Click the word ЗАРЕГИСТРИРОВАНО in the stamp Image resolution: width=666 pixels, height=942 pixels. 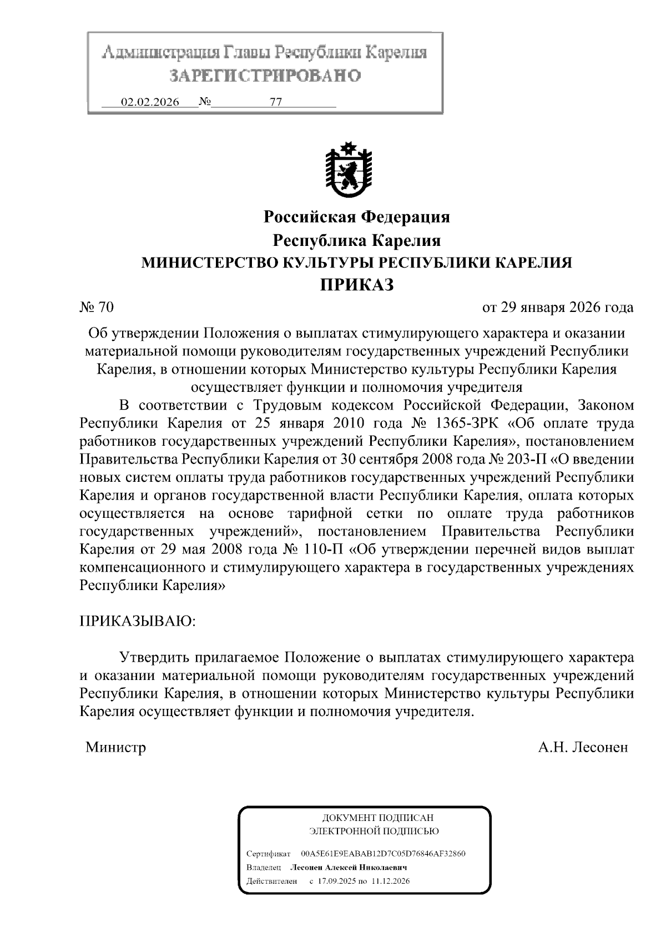[x=265, y=75]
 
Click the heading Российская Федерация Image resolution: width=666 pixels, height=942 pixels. [x=356, y=216]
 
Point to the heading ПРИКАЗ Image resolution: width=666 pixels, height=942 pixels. [x=356, y=285]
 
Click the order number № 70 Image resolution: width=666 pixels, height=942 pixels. [x=97, y=307]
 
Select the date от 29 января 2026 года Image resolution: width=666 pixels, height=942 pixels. [x=558, y=307]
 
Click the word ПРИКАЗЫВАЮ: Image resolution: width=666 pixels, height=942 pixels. [x=138, y=620]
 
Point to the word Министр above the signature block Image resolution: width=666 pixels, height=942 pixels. [x=116, y=747]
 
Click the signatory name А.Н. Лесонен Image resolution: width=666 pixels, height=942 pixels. [x=583, y=747]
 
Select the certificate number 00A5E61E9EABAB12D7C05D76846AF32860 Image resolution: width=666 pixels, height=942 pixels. [x=383, y=853]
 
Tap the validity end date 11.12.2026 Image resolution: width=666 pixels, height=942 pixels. [x=391, y=881]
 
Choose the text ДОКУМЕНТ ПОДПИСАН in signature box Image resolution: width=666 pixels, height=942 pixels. [x=377, y=818]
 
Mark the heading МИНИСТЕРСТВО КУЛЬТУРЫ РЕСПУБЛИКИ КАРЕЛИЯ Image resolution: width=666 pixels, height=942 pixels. [x=356, y=263]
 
